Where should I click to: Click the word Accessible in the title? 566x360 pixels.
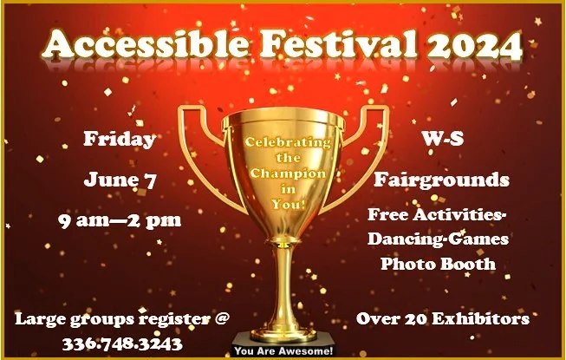point(145,44)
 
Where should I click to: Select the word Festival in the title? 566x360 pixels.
point(338,44)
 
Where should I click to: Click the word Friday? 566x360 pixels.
point(120,139)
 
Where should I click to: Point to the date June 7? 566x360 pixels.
point(120,180)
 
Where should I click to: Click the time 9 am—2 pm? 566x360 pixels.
point(120,220)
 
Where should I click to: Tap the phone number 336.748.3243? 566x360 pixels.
point(122,344)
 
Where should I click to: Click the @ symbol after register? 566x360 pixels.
point(221,318)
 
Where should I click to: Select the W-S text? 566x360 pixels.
point(442,138)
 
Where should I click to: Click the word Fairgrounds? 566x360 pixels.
point(441,180)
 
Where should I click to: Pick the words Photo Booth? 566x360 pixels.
point(438,264)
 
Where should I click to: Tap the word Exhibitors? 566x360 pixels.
point(480,318)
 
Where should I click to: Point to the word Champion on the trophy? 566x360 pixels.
point(288,173)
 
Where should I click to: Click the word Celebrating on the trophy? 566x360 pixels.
point(288,142)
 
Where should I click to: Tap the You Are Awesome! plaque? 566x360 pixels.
point(283,350)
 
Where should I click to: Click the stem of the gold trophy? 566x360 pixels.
point(284,285)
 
